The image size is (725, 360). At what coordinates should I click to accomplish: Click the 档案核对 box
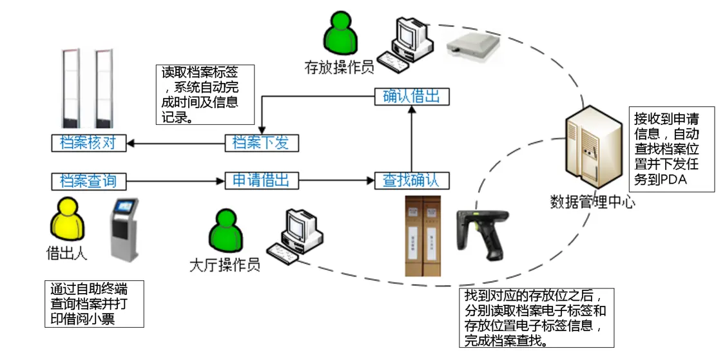[88, 143]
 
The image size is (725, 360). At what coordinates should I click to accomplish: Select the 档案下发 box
[261, 143]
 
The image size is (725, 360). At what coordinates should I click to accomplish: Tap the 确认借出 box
[411, 97]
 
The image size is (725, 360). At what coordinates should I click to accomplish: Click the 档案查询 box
[88, 181]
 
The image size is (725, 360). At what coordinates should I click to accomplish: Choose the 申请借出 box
[261, 180]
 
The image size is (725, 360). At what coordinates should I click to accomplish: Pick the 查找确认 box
[411, 180]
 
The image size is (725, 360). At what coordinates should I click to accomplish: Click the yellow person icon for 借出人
[67, 218]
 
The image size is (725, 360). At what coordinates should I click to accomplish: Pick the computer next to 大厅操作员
[296, 236]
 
